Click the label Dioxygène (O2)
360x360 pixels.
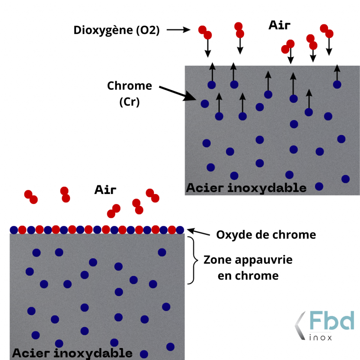pyautogui.click(x=116, y=31)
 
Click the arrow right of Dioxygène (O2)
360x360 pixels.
pyautogui.click(x=178, y=30)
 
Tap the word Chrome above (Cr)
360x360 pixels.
pyautogui.click(x=129, y=86)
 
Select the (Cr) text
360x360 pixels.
pyautogui.click(x=129, y=102)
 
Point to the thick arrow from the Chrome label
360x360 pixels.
pyautogui.click(x=175, y=93)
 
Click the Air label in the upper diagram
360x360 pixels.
pyautogui.click(x=280, y=25)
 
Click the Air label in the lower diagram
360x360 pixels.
pyautogui.click(x=105, y=190)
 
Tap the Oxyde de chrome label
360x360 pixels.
pyautogui.click(x=266, y=234)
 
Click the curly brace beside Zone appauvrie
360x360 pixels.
pyautogui.click(x=192, y=260)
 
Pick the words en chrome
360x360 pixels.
pyautogui.click(x=248, y=276)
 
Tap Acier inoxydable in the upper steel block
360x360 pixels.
pyautogui.click(x=246, y=188)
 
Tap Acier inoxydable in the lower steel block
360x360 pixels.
pyautogui.click(x=72, y=353)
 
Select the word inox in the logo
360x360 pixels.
pyautogui.click(x=320, y=337)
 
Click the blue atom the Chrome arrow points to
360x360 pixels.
pyautogui.click(x=205, y=103)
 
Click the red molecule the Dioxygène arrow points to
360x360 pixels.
pyautogui.click(x=205, y=32)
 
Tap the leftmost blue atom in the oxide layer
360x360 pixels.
pyautogui.click(x=14, y=230)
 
